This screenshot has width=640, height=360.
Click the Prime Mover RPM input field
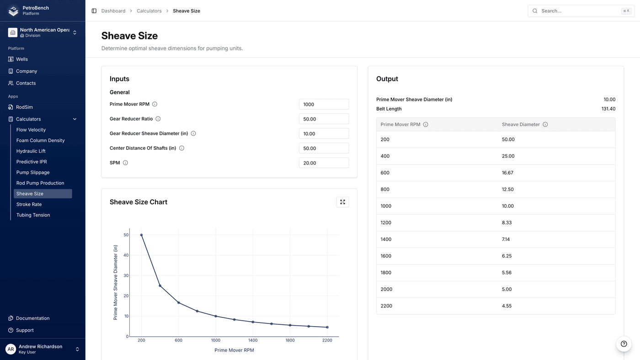(x=324, y=104)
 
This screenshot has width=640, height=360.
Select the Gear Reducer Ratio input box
(x=324, y=119)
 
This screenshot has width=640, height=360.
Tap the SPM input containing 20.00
(x=324, y=163)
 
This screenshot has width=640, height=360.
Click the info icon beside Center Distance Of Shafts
(x=181, y=148)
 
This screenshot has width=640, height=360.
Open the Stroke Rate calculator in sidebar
(x=29, y=204)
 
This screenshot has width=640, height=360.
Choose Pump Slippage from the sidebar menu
(x=33, y=172)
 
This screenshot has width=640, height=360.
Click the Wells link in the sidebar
(x=22, y=59)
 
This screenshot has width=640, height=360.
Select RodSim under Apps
(x=24, y=107)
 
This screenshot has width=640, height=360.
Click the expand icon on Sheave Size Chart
(x=342, y=202)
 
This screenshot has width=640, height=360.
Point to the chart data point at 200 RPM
(x=141, y=235)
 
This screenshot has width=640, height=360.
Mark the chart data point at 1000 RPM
(x=216, y=316)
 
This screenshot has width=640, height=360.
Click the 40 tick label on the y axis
(x=126, y=255)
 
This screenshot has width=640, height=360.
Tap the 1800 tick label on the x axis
(x=290, y=340)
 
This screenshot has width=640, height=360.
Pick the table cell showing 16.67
(x=507, y=173)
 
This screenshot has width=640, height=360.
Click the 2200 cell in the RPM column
(x=386, y=306)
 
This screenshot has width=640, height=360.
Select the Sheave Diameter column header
(x=521, y=124)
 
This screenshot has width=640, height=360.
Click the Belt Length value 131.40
(x=608, y=109)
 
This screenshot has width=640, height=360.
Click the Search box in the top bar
(x=581, y=11)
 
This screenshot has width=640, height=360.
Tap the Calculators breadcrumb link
(x=149, y=11)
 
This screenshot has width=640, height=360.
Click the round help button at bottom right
(x=624, y=344)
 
